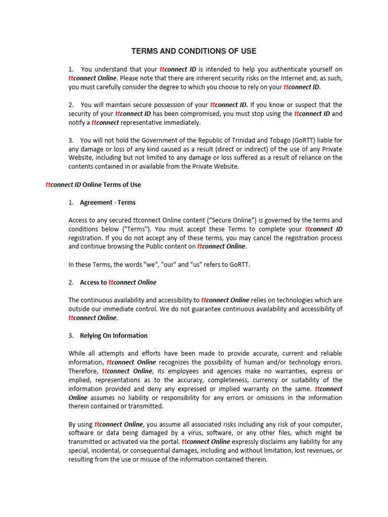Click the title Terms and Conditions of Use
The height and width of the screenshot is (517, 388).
[x=194, y=51]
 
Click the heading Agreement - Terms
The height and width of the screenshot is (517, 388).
[x=108, y=202]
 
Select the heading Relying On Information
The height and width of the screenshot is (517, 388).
[x=114, y=335]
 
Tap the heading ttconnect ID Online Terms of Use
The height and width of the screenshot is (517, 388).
[x=93, y=185]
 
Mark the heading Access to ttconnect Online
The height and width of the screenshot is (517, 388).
[x=118, y=282]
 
